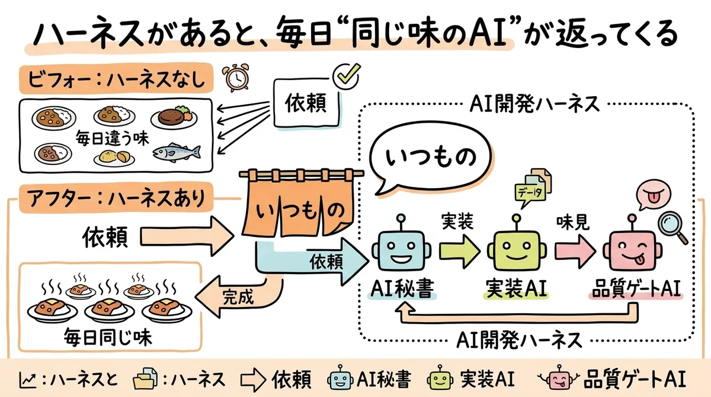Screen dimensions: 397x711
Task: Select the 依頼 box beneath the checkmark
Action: click(x=308, y=103)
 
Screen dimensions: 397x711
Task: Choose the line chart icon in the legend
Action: click(x=27, y=378)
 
